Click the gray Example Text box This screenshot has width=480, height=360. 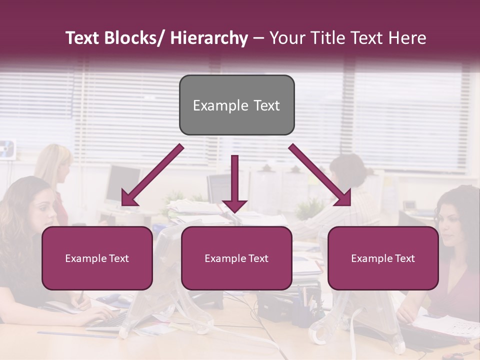tap(236, 105)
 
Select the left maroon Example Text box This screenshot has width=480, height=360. tap(97, 258)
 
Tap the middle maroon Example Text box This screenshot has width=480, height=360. tap(236, 258)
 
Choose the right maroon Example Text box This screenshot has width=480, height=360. tap(383, 258)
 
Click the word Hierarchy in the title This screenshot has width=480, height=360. tap(209, 38)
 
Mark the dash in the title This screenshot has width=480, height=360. tap(258, 38)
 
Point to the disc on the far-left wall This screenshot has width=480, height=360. tap(6, 148)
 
